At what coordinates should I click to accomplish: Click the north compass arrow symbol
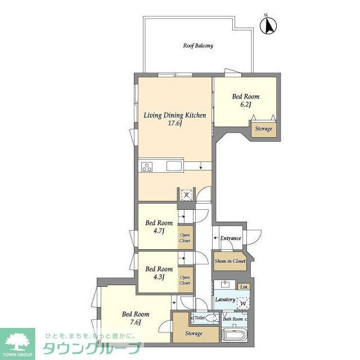[268, 25]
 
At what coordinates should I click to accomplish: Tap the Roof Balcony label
[198, 46]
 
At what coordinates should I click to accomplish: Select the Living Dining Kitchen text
[175, 115]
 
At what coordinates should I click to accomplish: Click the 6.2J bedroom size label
[246, 105]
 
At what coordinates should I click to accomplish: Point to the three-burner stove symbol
[147, 166]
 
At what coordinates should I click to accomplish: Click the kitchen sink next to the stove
[174, 166]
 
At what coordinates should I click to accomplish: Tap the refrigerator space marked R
[187, 195]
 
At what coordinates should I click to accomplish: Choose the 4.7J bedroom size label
[159, 231]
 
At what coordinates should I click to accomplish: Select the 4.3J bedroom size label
[159, 277]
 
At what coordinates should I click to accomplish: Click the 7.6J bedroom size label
[136, 322]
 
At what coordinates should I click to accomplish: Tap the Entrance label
[231, 238]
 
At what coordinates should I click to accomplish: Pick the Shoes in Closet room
[230, 261]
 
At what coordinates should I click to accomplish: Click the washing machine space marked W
[243, 304]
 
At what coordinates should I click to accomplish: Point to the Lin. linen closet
[244, 287]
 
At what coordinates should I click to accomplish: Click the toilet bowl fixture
[212, 318]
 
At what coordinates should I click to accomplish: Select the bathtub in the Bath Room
[235, 335]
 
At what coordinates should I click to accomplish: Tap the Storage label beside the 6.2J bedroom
[264, 129]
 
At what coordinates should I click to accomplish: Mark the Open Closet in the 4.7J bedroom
[185, 238]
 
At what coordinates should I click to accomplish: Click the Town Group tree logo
[17, 341]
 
